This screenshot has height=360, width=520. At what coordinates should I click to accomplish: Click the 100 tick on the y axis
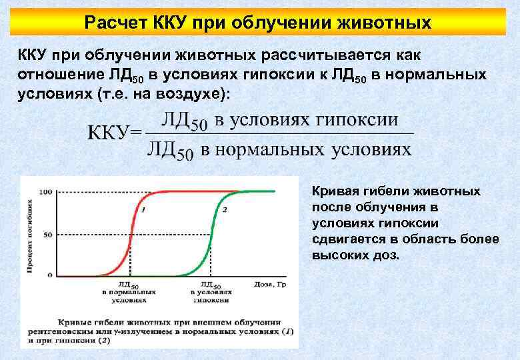point(46,192)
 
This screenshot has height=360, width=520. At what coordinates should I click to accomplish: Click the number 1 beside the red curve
point(144,210)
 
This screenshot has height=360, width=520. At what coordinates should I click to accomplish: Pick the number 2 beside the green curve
point(225,210)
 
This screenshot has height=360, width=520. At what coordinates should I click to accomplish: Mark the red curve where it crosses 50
point(131,234)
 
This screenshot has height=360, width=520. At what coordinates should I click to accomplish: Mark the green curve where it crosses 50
point(211,234)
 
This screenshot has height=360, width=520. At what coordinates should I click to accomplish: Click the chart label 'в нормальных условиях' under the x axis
point(129,295)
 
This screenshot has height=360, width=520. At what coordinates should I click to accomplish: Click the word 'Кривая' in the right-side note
point(333,191)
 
